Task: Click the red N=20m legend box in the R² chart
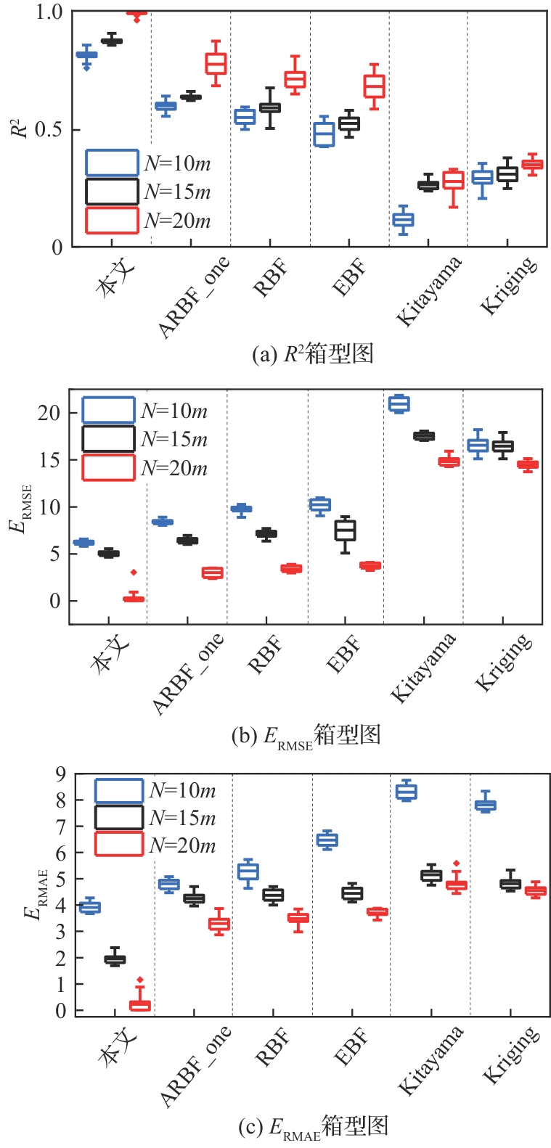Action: click(112, 221)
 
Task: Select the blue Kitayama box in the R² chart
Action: click(403, 219)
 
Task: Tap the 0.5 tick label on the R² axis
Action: click(49, 130)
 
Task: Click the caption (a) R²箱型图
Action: click(312, 354)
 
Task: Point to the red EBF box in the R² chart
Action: click(374, 86)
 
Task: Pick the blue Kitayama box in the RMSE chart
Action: click(399, 403)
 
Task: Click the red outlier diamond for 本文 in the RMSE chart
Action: click(134, 573)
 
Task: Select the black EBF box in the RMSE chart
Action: click(345, 530)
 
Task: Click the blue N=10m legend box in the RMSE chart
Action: click(108, 410)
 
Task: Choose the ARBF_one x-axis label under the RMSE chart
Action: click(188, 673)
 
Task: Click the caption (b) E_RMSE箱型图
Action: click(306, 737)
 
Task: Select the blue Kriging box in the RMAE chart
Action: click(485, 805)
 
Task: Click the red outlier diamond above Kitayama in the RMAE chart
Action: click(456, 864)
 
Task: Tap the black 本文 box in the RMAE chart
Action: click(115, 959)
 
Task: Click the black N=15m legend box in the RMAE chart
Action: click(119, 818)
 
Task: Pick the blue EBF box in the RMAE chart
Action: click(327, 840)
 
